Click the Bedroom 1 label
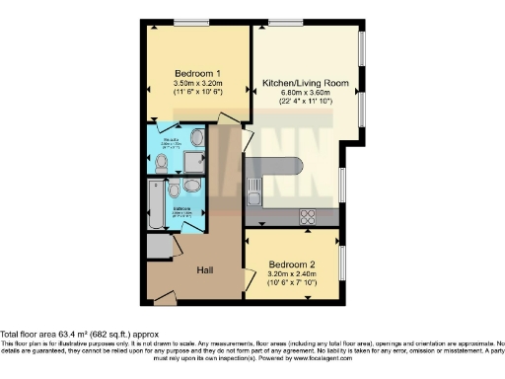tap(198, 74)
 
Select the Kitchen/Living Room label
tap(305, 83)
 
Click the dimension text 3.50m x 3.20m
tap(198, 85)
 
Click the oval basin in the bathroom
tap(192, 186)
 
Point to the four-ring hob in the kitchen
tap(307, 215)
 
